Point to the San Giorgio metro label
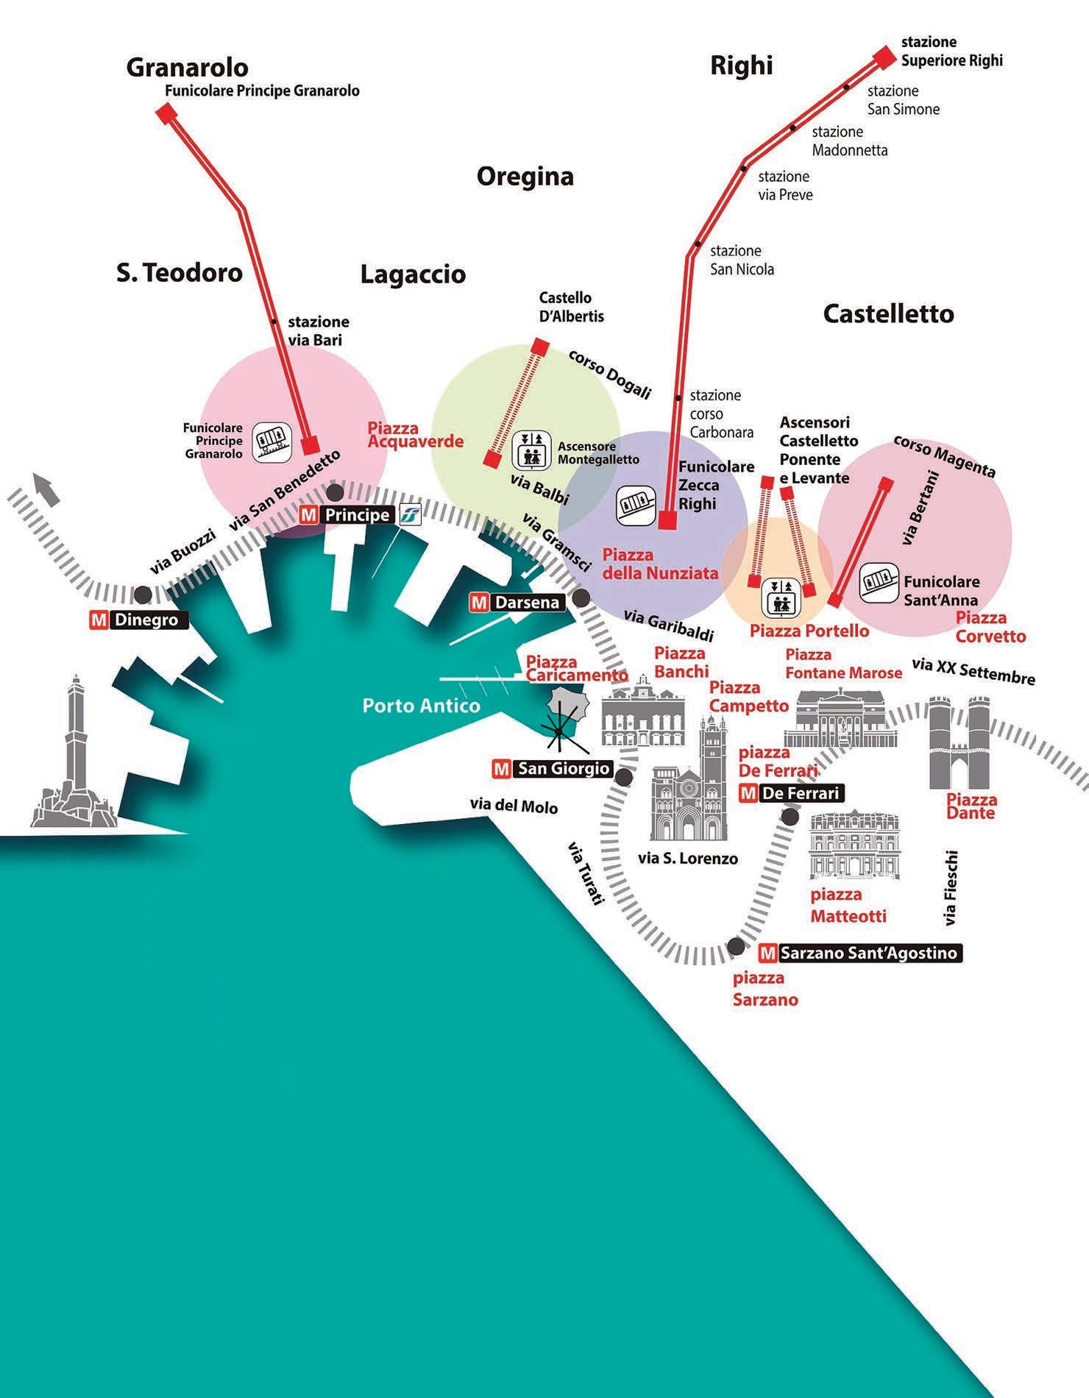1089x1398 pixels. pos(553,770)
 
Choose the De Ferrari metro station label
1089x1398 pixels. pos(791,793)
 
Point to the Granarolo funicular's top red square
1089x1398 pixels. pos(166,114)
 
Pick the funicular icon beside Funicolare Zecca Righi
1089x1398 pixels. pos(635,504)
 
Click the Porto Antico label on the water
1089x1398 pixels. pos(421,706)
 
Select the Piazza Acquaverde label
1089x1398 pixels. pos(415,435)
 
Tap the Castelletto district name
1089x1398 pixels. pos(888,314)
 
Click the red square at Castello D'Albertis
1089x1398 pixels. pos(541,346)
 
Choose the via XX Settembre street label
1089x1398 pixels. pos(973,670)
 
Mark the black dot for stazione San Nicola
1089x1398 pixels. pos(696,244)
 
